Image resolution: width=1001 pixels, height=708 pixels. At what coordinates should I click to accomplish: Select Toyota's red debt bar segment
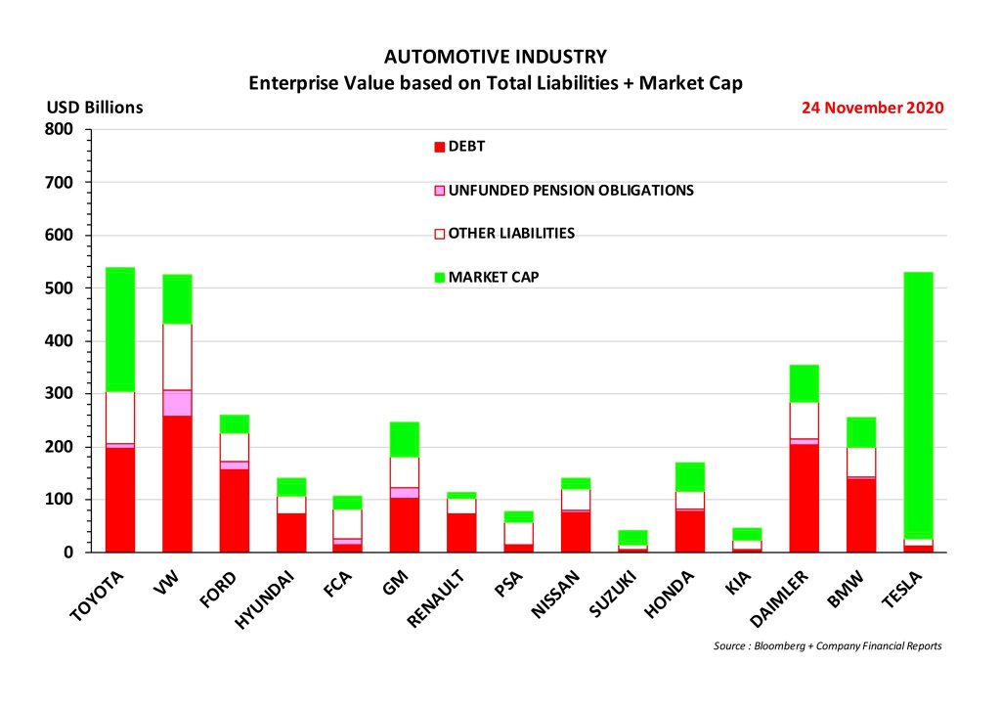(120, 499)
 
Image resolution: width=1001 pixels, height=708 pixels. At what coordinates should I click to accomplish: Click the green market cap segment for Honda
(690, 476)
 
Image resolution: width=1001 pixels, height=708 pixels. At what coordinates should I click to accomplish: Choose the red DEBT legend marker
(440, 148)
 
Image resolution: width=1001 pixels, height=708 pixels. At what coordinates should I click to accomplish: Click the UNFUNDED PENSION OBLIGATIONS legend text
(571, 191)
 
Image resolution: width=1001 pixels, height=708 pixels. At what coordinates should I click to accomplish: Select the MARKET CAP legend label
(494, 277)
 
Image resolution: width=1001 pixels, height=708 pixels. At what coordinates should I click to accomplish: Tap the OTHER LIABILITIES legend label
(511, 234)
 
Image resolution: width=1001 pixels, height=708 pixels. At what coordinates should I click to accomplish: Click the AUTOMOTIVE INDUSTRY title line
(496, 57)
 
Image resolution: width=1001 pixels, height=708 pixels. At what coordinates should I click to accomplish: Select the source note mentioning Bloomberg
(827, 645)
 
